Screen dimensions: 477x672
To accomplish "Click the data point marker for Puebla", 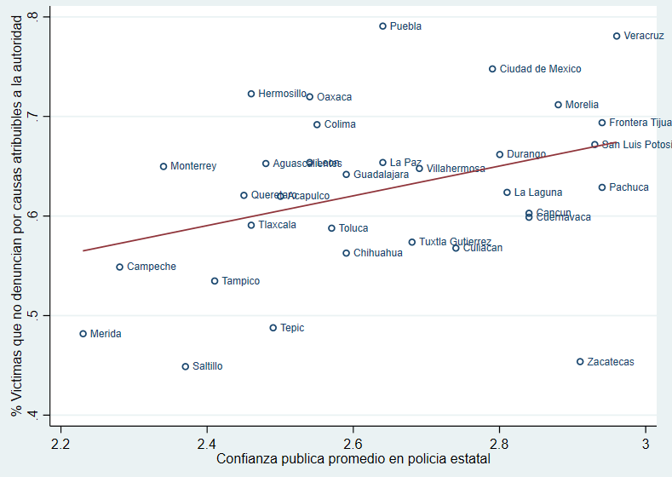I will pyautogui.click(x=382, y=26).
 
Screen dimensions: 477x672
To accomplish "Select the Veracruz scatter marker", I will pyautogui.click(x=617, y=36).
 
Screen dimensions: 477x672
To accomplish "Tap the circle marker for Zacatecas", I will pyautogui.click(x=580, y=362).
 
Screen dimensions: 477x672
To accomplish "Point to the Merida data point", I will pyautogui.click(x=83, y=334).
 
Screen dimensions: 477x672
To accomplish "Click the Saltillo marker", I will pyautogui.click(x=185, y=366).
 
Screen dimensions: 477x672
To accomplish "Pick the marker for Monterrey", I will pyautogui.click(x=164, y=166).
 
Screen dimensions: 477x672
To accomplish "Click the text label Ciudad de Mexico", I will pyautogui.click(x=540, y=69).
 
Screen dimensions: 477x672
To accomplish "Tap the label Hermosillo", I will pyautogui.click(x=282, y=94).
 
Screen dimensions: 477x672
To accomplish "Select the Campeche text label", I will pyautogui.click(x=152, y=267).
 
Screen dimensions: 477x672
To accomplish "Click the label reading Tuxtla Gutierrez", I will pyautogui.click(x=455, y=242).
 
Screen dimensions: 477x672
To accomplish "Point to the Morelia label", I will pyautogui.click(x=582, y=105).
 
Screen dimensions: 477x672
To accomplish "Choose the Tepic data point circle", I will pyautogui.click(x=273, y=328).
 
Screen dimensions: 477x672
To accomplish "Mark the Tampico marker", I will pyautogui.click(x=215, y=281).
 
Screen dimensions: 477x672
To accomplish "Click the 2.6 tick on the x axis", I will pyautogui.click(x=353, y=444).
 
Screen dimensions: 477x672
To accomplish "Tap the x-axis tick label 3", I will pyautogui.click(x=646, y=444).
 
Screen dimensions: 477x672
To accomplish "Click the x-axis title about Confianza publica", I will pyautogui.click(x=353, y=459).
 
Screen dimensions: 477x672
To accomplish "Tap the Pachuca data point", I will pyautogui.click(x=602, y=187).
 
